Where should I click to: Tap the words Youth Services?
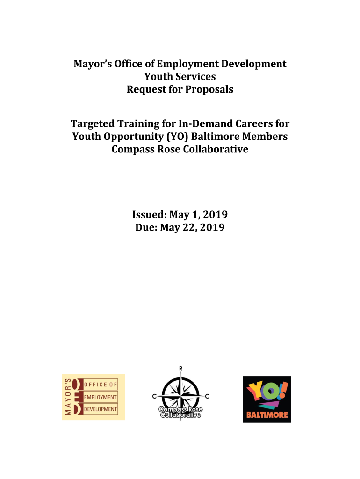(x=180, y=77)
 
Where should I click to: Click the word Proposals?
(x=208, y=89)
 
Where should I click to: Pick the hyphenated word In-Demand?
(x=195, y=124)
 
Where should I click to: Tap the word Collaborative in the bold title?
(x=211, y=150)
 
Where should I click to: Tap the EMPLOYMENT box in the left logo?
(x=101, y=397)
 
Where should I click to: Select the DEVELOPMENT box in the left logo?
(x=101, y=409)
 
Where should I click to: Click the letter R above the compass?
(x=180, y=369)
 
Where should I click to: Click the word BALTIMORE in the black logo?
(x=267, y=414)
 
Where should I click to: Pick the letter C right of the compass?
(x=207, y=397)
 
